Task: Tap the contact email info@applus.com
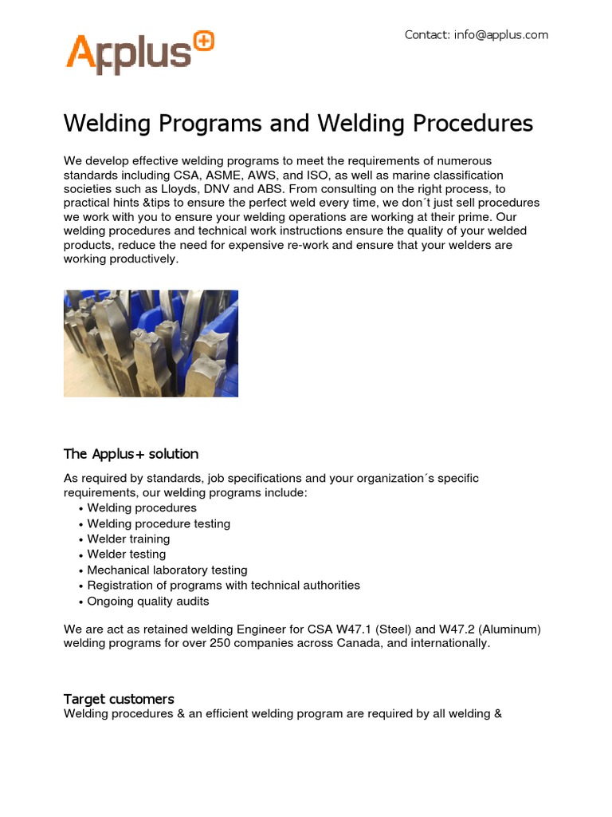tap(500, 35)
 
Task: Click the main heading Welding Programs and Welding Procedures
tap(298, 124)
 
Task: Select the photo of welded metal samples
tap(151, 343)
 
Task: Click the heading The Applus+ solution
tap(131, 454)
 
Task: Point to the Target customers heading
tap(119, 699)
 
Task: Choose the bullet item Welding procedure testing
tap(159, 523)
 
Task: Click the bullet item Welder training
tap(128, 539)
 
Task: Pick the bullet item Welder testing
tap(127, 554)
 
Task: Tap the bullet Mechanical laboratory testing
tap(167, 570)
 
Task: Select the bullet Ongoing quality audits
tap(148, 601)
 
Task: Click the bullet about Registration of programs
tap(223, 585)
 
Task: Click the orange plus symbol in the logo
tap(204, 41)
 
